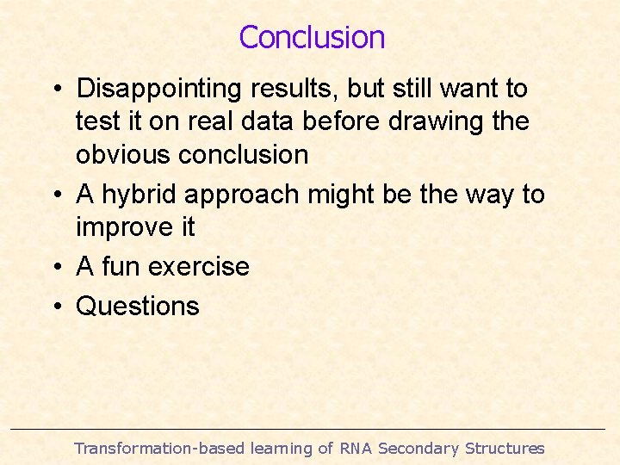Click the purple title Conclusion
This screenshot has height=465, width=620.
pyautogui.click(x=312, y=38)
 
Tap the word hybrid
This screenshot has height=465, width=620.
pyautogui.click(x=141, y=195)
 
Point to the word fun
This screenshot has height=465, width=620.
pyautogui.click(x=121, y=267)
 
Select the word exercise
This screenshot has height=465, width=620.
pyautogui.click(x=199, y=267)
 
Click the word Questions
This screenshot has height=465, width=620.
pyautogui.click(x=138, y=306)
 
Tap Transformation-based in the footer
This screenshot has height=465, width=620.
pyautogui.click(x=159, y=448)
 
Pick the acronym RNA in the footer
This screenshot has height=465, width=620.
pyautogui.click(x=356, y=448)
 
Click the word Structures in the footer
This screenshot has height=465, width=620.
pyautogui.click(x=505, y=448)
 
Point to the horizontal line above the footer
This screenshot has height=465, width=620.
pyautogui.click(x=310, y=429)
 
